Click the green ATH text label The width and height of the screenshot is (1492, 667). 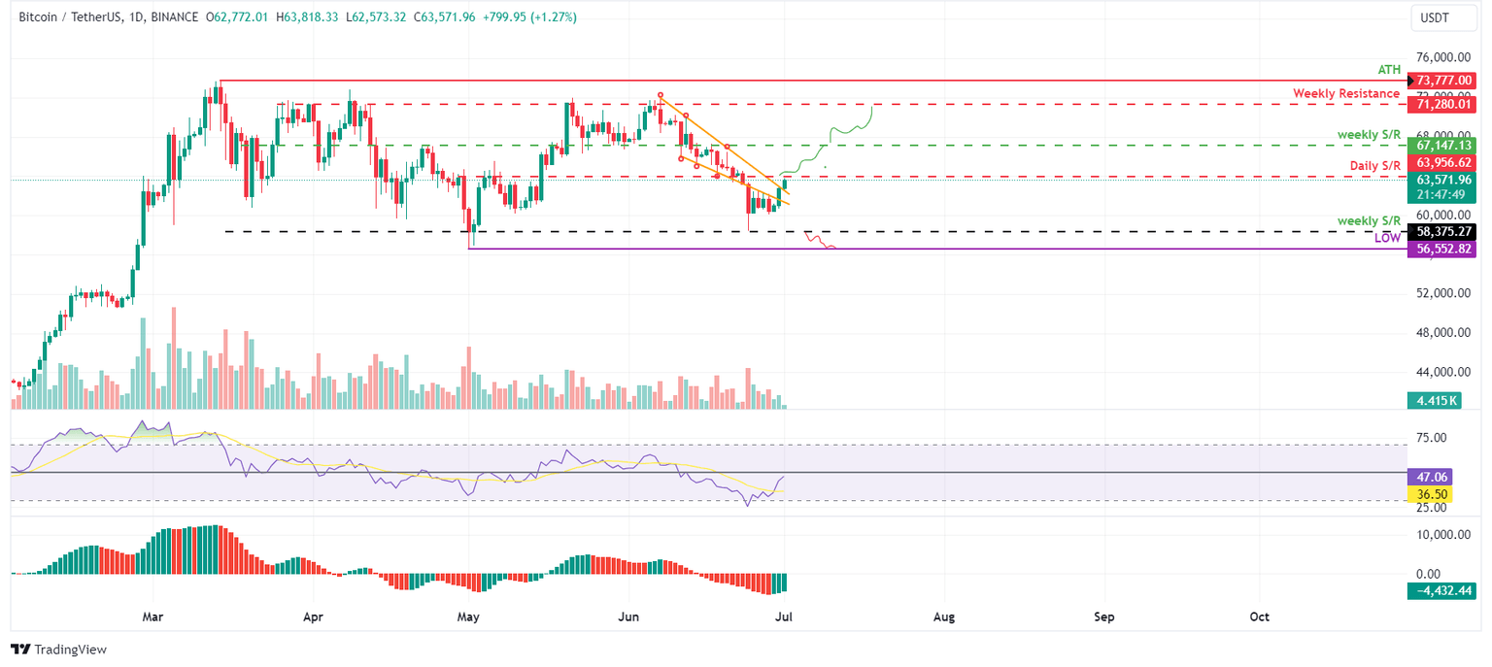1390,70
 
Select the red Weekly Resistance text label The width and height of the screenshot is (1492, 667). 1347,93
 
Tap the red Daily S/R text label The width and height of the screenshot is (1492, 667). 1376,166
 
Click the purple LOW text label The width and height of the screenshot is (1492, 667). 1387,238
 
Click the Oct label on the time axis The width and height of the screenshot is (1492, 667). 1260,617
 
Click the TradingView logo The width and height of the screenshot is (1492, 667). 58,650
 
